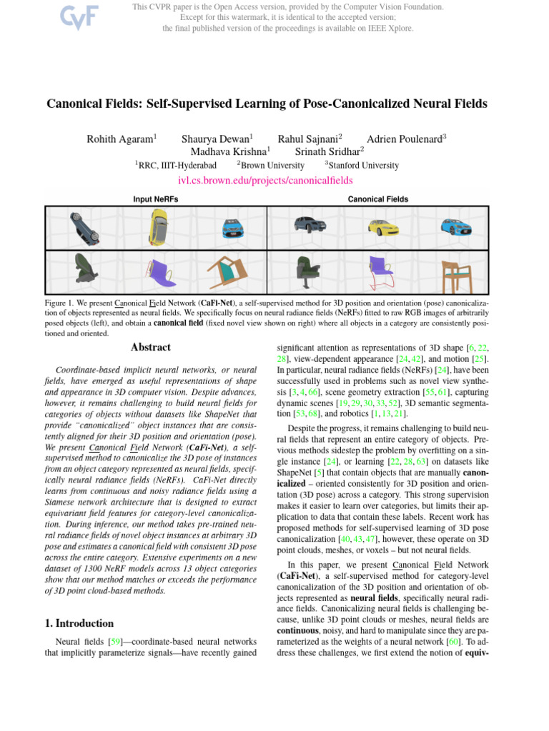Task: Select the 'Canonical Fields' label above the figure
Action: tap(378, 199)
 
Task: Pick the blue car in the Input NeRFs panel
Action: tap(232, 228)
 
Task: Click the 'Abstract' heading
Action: tap(151, 348)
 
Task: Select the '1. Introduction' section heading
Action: tap(79, 623)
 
